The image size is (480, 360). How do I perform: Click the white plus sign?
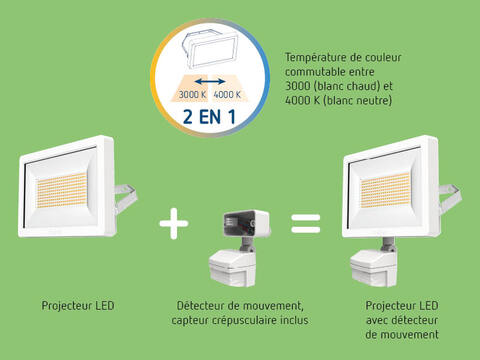tap(174, 223)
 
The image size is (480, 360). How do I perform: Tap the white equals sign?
tap(306, 223)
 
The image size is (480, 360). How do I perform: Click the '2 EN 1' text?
tap(209, 117)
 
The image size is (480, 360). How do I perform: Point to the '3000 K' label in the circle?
tap(192, 95)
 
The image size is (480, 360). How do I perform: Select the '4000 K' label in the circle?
tap(227, 95)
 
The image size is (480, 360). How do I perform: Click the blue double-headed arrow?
tap(210, 81)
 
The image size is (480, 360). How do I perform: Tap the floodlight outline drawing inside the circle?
tap(210, 49)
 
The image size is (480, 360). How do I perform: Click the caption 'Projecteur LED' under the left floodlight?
tap(78, 306)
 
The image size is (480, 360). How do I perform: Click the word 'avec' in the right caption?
tap(377, 320)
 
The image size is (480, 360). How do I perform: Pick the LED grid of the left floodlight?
tap(62, 190)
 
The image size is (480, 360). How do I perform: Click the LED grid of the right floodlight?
tap(385, 190)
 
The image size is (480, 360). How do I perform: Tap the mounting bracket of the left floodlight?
tap(126, 197)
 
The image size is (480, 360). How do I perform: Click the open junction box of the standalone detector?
tap(246, 223)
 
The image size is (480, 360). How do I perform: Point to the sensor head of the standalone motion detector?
tap(233, 269)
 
